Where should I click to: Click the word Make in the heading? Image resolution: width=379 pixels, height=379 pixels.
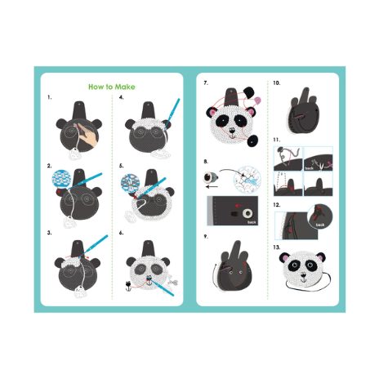(124, 87)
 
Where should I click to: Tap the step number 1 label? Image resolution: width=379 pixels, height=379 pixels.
(49, 97)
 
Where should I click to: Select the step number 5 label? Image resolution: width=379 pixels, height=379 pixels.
(121, 166)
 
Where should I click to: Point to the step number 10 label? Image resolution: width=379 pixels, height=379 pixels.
(277, 83)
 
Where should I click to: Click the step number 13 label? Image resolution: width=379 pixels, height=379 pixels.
(277, 247)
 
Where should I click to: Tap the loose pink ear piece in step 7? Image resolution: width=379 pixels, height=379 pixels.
(257, 100)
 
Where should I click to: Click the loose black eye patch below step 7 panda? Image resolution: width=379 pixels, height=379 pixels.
(252, 140)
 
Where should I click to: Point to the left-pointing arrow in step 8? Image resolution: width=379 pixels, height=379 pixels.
(212, 186)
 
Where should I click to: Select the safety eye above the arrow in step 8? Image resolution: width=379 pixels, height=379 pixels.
(211, 177)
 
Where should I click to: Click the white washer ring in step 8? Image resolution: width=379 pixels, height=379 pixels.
(247, 213)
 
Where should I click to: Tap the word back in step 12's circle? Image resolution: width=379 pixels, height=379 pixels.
(320, 225)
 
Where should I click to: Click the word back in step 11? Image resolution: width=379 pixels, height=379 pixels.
(310, 168)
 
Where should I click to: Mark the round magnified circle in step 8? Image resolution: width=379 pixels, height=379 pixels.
(247, 180)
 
